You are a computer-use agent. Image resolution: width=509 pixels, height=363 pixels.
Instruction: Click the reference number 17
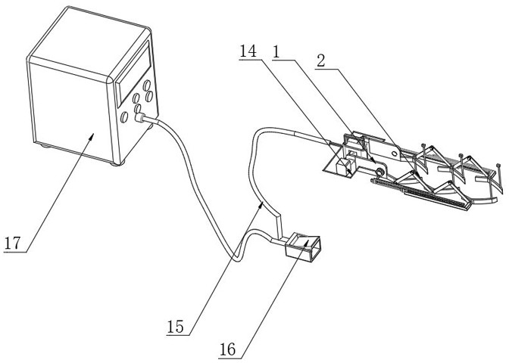pyautogui.click(x=12, y=243)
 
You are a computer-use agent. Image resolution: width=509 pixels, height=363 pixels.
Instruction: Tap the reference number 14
pyautogui.click(x=248, y=51)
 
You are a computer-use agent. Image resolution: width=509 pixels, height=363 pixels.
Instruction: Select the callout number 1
pyautogui.click(x=276, y=51)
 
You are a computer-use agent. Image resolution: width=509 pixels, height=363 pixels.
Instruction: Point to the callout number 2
pyautogui.click(x=321, y=61)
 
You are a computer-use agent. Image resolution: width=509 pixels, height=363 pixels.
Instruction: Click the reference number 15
pyautogui.click(x=175, y=327)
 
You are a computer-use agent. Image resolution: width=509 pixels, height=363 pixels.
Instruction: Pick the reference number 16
pyautogui.click(x=227, y=349)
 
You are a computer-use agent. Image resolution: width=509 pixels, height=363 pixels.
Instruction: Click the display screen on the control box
pyautogui.click(x=133, y=74)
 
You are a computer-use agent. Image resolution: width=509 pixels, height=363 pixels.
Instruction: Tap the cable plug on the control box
pyautogui.click(x=139, y=117)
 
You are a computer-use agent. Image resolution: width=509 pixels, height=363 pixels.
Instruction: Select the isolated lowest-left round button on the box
pyautogui.click(x=123, y=117)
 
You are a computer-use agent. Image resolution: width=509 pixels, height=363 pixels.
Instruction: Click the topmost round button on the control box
pyautogui.click(x=147, y=85)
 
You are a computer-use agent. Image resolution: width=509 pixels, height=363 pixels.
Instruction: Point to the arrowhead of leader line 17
pyautogui.click(x=92, y=136)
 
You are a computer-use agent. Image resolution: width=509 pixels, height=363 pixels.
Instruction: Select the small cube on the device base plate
pyautogui.click(x=341, y=168)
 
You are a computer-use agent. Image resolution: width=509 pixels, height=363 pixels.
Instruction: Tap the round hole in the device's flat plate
pyautogui.click(x=394, y=153)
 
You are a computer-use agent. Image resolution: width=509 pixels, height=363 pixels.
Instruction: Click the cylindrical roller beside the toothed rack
pyautogui.click(x=379, y=171)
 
